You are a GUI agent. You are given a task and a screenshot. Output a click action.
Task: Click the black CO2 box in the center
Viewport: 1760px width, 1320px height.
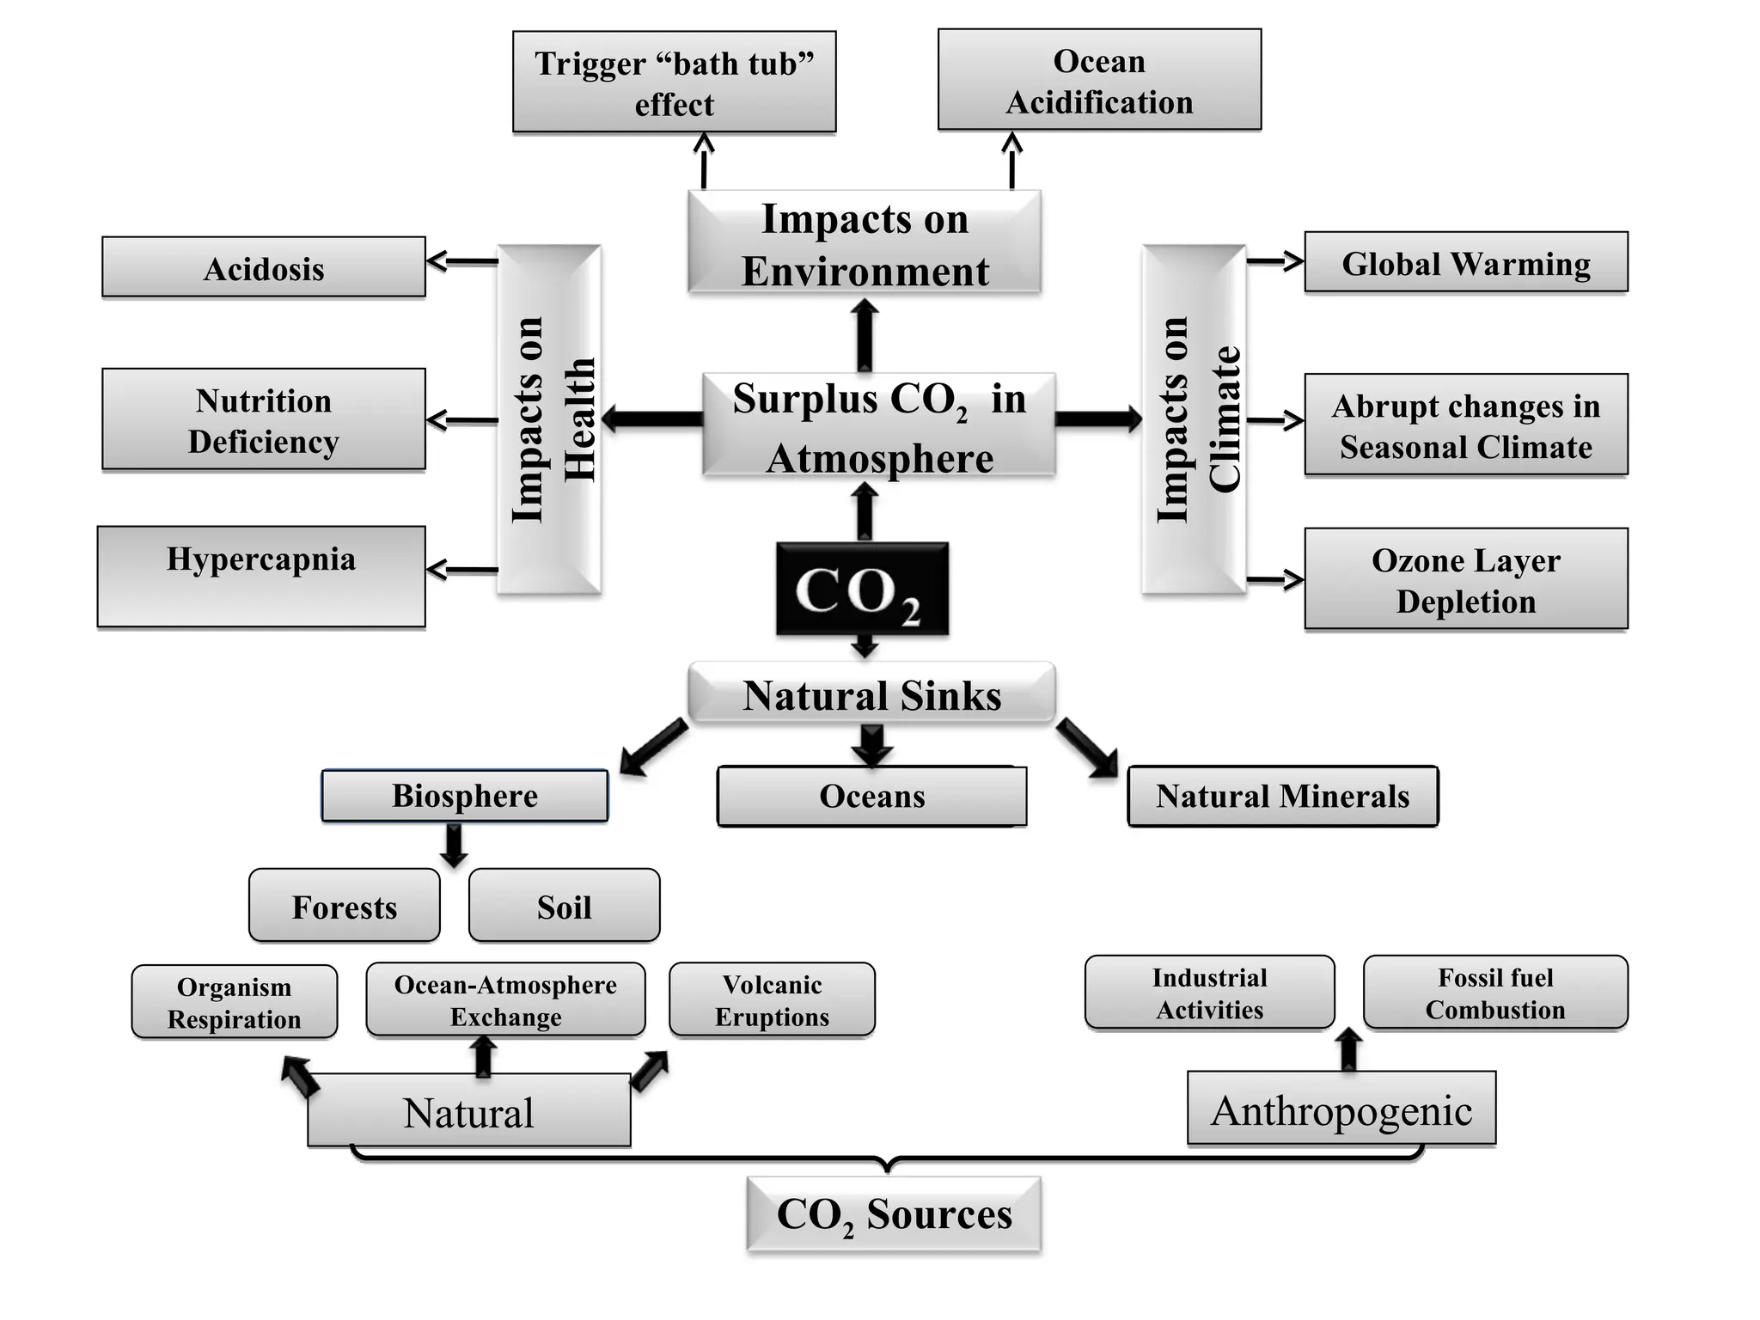tap(862, 590)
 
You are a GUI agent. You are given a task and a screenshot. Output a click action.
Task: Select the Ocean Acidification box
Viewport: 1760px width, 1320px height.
tap(1099, 80)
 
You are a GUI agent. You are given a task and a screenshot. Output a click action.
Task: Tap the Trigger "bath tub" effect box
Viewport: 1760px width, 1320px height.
tap(674, 82)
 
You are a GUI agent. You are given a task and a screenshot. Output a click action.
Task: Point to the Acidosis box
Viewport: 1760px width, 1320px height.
tap(264, 268)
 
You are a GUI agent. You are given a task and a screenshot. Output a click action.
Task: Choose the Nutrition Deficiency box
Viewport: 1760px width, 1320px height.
tap(264, 420)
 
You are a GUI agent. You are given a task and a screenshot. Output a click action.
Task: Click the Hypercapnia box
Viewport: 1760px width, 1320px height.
tap(261, 576)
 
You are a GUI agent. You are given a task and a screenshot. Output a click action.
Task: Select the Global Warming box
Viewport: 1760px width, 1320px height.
tap(1465, 263)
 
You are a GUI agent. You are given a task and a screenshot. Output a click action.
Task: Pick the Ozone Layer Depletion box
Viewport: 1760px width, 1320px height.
tap(1465, 580)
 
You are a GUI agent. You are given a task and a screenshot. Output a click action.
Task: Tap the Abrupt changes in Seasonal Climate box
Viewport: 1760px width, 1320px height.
tap(1465, 425)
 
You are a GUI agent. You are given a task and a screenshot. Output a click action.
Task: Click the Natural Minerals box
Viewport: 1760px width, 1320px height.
tap(1282, 797)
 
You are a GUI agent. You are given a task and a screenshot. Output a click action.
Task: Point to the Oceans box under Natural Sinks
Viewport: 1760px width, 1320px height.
tap(871, 797)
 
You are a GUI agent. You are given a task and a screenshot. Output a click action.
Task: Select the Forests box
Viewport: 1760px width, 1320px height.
tap(345, 907)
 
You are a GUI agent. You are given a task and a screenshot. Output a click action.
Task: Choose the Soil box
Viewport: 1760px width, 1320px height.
tap(565, 907)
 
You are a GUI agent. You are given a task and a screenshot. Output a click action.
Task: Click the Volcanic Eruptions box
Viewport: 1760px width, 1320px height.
tap(772, 1000)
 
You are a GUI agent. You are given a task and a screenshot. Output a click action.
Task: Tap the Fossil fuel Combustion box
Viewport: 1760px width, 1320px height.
tap(1495, 993)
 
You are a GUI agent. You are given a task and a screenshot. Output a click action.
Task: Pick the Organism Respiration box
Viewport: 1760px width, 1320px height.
tap(235, 1003)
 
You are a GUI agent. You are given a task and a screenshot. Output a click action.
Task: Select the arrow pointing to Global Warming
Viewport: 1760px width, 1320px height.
tap(1275, 260)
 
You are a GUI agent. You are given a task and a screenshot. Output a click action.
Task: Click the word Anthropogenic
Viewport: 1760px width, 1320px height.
tap(1341, 1110)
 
